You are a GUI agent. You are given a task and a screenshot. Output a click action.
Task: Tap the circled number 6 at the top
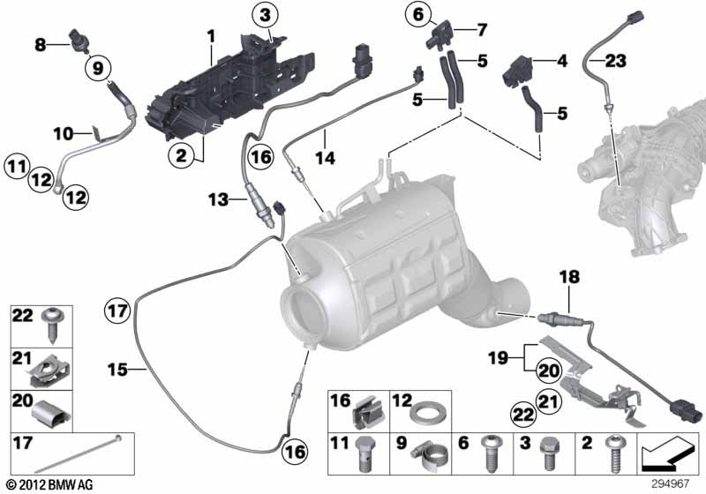418,13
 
